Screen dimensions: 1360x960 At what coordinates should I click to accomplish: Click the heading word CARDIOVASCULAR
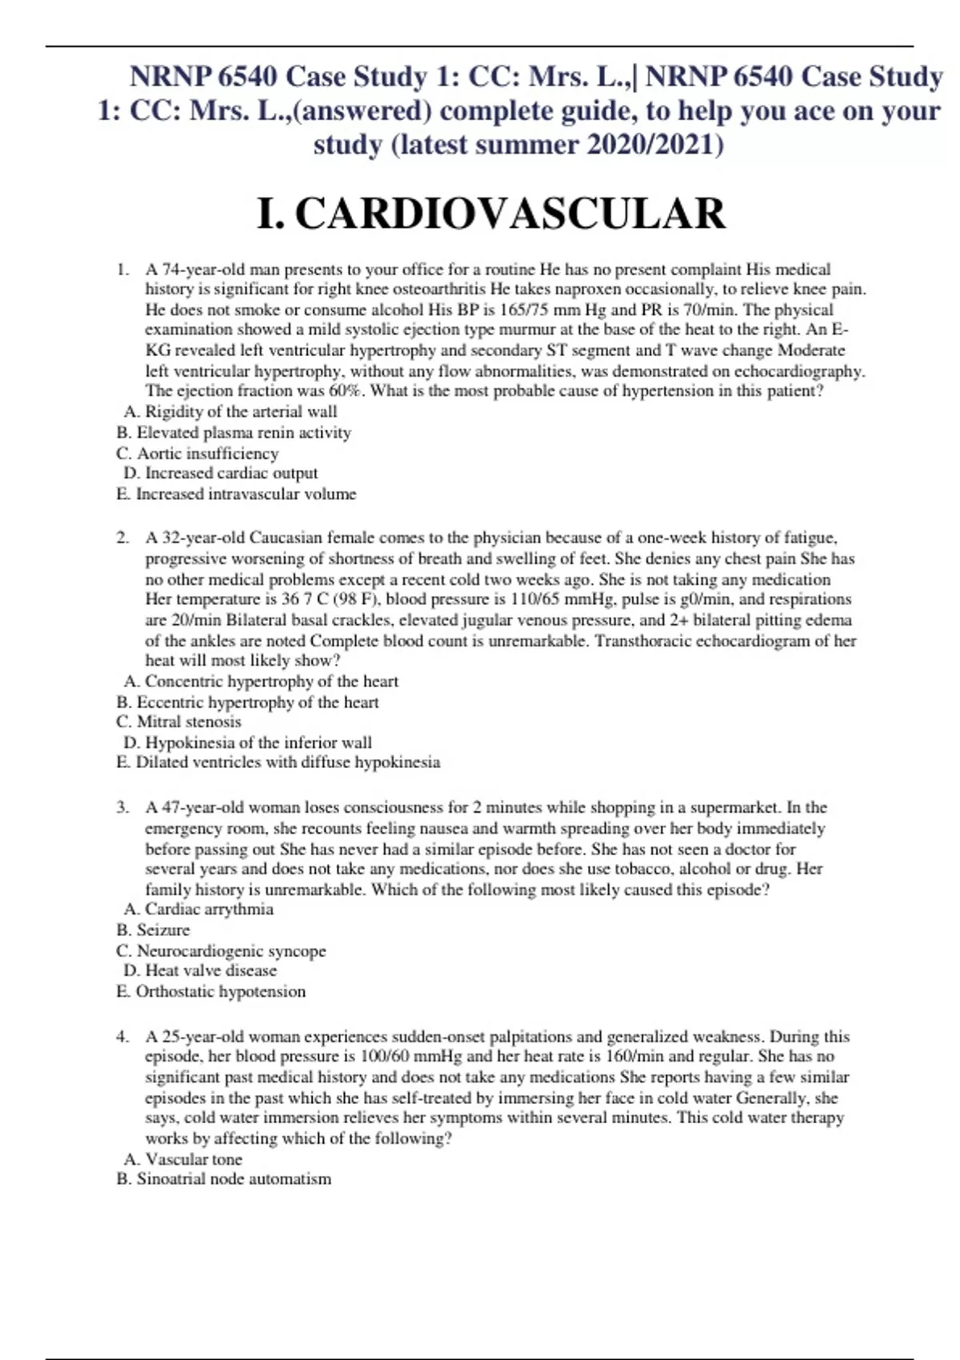tap(510, 214)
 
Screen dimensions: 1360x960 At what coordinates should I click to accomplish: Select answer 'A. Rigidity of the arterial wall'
tap(230, 412)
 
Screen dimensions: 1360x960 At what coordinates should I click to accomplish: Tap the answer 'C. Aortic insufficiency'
tap(198, 454)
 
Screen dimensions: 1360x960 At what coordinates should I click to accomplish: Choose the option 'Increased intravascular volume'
tap(246, 494)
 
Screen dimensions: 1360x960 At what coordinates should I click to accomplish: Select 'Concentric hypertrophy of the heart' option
tap(271, 682)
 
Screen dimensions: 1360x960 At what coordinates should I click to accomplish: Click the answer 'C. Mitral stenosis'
tap(178, 722)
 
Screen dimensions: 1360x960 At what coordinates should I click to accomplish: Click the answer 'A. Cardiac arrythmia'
tap(198, 910)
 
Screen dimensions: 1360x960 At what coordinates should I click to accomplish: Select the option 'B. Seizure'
tap(153, 930)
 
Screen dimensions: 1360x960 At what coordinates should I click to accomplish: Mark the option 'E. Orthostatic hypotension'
tap(210, 992)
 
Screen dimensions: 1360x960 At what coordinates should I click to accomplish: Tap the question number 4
tap(122, 1037)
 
